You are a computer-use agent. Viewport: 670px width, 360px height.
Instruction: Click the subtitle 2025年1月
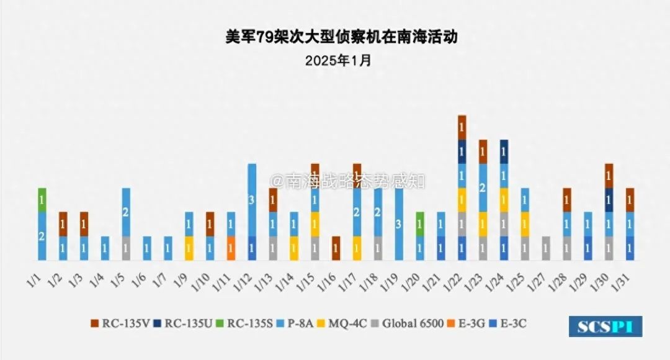tap(338, 61)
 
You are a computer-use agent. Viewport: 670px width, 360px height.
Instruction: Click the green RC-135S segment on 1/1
tap(42, 200)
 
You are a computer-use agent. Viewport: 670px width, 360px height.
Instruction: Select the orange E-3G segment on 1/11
tap(231, 248)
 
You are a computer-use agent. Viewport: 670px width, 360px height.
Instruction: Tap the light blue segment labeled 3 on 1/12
tap(252, 200)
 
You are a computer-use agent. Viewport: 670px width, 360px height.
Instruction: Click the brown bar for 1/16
tap(336, 248)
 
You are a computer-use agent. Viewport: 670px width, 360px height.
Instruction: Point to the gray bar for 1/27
tap(546, 248)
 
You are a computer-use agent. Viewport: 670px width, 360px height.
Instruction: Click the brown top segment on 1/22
tap(462, 127)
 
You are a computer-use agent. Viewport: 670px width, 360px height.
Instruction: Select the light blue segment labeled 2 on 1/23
tap(483, 188)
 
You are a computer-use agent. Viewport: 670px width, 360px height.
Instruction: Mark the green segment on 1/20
tap(420, 224)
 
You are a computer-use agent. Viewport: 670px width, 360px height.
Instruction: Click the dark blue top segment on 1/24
tap(504, 151)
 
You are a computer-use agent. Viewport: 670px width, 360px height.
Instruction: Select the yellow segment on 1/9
tap(189, 248)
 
